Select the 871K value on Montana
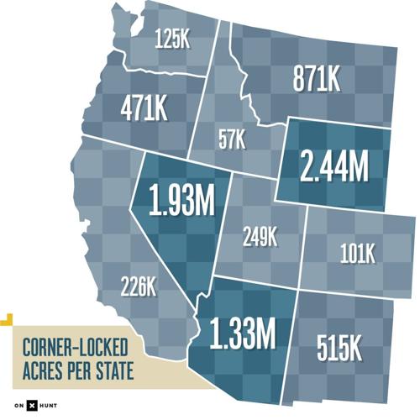tap(317, 81)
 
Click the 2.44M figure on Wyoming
tap(334, 165)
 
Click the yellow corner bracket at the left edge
tap(5, 318)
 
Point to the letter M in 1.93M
tap(202, 200)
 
